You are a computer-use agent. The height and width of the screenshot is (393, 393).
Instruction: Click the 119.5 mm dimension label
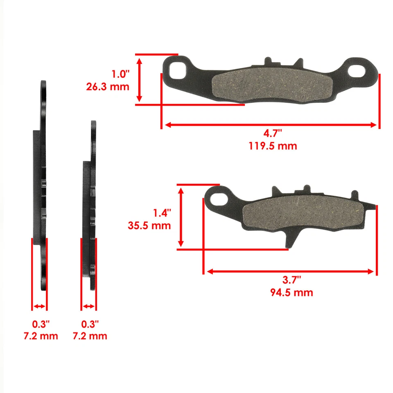tap(272, 146)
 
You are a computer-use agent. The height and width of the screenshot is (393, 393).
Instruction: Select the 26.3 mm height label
tap(108, 86)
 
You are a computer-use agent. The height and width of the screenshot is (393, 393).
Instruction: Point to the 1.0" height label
tap(120, 75)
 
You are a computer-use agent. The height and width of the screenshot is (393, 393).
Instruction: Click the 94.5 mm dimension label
tap(291, 292)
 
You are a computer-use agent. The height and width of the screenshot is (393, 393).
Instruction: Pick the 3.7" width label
tap(292, 280)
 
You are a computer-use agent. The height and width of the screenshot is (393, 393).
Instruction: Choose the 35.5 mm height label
tap(149, 226)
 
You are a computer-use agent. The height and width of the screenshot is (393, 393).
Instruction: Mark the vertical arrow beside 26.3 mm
tap(140, 79)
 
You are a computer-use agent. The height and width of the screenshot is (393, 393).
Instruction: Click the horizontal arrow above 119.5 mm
tap(270, 125)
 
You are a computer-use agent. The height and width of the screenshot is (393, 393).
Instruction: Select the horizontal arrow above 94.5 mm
tap(290, 271)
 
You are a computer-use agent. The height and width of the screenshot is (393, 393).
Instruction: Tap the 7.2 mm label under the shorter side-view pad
tap(90, 336)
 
